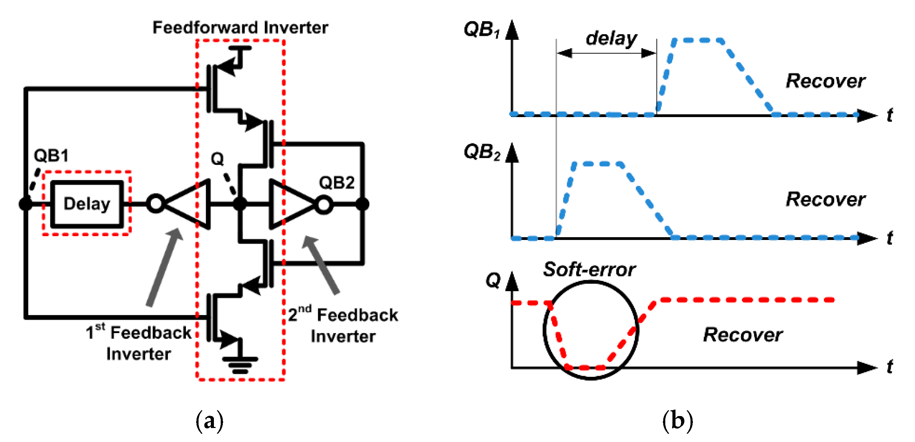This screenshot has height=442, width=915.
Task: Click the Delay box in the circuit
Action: click(87, 204)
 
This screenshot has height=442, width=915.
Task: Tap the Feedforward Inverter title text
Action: click(240, 28)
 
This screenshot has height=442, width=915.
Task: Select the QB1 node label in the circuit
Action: click(51, 156)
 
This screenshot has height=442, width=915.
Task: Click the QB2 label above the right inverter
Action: click(336, 183)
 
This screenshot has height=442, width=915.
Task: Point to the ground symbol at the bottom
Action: click(240, 365)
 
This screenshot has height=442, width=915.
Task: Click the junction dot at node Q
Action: click(240, 204)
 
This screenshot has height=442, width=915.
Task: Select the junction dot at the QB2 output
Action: click(362, 204)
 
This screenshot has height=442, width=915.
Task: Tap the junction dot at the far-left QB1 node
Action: click(26, 204)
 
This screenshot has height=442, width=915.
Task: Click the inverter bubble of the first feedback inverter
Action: click(156, 204)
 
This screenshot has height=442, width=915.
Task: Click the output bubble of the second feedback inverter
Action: click(323, 205)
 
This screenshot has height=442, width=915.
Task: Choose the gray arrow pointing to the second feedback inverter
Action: click(321, 265)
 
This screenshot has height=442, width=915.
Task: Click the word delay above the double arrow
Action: click(611, 38)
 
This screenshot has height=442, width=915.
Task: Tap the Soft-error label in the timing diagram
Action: click(589, 269)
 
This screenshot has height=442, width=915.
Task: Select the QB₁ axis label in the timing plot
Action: click(482, 29)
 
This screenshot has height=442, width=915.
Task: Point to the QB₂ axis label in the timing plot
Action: click(482, 152)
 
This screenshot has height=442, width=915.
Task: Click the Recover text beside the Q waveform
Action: click(743, 335)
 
